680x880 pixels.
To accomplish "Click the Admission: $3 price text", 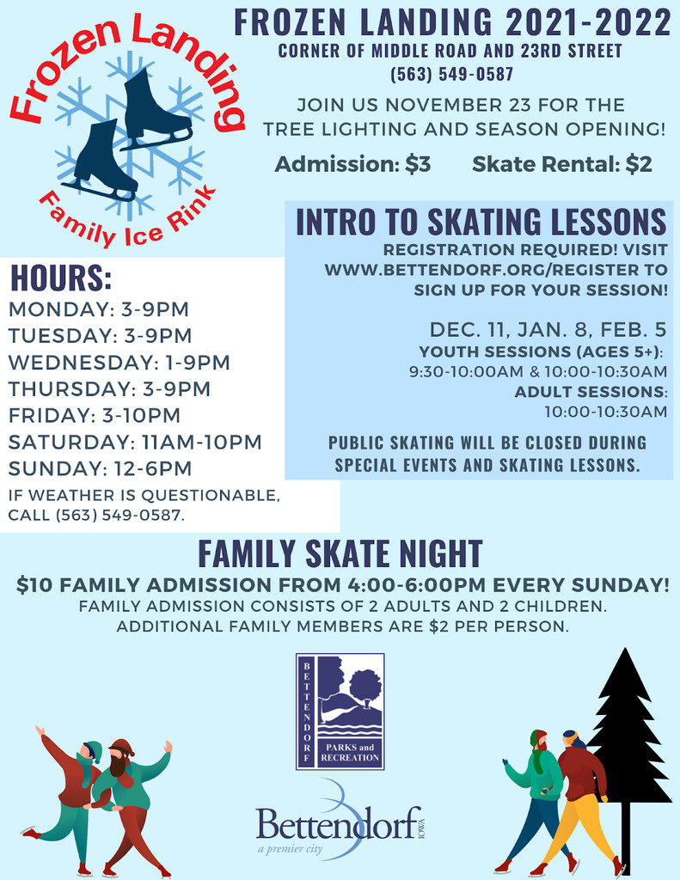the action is (x=352, y=164).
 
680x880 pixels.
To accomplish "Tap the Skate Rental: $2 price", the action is (x=562, y=164).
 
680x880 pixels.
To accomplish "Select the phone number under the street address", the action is (x=452, y=74).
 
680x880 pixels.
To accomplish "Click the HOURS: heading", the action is (x=61, y=278).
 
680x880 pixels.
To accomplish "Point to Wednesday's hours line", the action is (x=119, y=362).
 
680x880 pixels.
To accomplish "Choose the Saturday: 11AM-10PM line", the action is (x=135, y=442).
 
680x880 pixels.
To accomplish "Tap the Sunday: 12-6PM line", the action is (x=100, y=468).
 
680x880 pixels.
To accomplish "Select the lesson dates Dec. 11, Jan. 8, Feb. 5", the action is (x=548, y=329).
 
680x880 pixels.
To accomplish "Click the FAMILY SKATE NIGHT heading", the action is (x=340, y=554).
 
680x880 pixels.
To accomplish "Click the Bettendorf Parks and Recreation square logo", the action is (x=340, y=711).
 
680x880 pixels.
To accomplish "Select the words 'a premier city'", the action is (x=291, y=848).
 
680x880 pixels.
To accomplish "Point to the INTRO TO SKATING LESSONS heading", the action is (x=481, y=222).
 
